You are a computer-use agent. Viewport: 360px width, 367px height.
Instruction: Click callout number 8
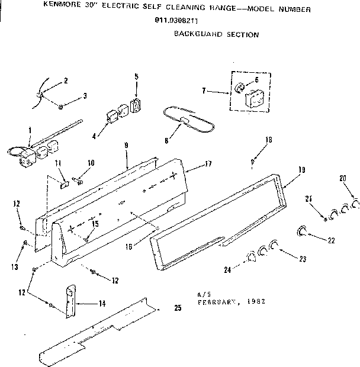166,141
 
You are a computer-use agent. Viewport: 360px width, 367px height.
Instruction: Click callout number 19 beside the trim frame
301,170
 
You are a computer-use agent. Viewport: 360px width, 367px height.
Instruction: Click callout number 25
177,308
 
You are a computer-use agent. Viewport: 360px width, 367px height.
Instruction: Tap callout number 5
136,76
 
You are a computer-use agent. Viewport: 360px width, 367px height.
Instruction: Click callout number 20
343,178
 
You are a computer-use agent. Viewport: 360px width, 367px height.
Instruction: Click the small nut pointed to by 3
62,107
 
